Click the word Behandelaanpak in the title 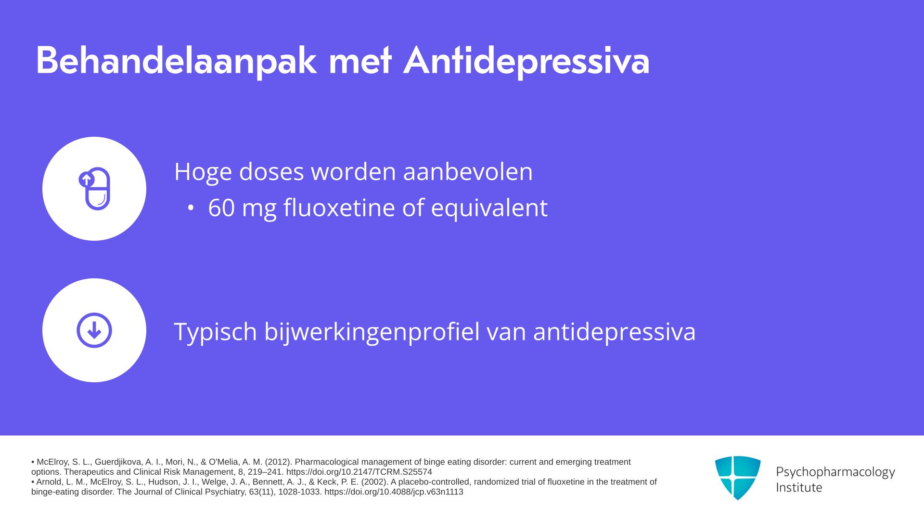click(176, 61)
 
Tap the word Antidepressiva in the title click(526, 61)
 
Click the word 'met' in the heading click(360, 63)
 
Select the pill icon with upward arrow click(94, 189)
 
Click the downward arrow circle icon click(94, 330)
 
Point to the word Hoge click(203, 172)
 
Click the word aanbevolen click(468, 171)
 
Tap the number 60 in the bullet click(221, 208)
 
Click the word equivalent click(489, 208)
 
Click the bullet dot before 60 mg click(191, 208)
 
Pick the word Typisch click(215, 332)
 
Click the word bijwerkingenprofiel click(372, 332)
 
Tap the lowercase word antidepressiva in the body click(614, 332)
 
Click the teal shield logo click(738, 478)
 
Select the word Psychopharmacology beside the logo click(835, 472)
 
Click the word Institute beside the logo click(799, 488)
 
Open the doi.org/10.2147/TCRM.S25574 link click(359, 472)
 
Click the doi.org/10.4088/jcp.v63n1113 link click(394, 492)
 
